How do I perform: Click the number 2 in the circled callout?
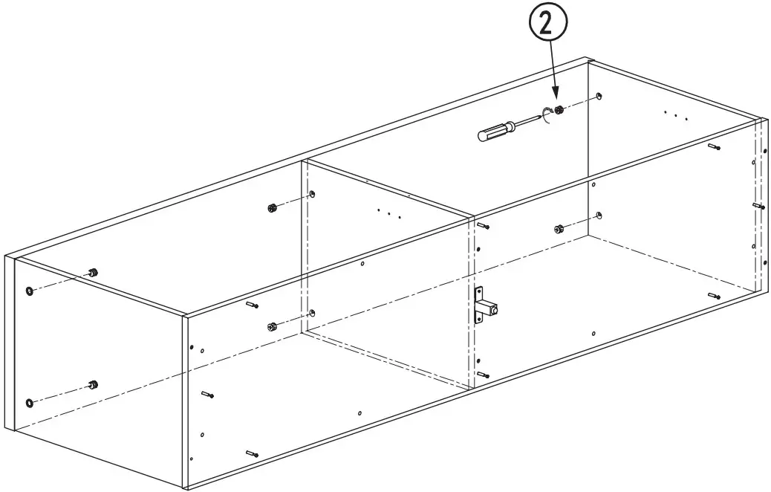coord(547,23)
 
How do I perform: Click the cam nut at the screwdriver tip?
coord(559,110)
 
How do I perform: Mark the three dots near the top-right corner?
coord(676,116)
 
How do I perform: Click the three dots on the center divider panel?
coord(389,213)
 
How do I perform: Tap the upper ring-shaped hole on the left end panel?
coord(30,291)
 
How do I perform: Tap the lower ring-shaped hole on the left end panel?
coord(30,403)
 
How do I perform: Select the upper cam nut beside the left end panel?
coord(93,272)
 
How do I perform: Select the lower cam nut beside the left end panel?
coord(93,384)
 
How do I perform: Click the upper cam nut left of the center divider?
coord(272,208)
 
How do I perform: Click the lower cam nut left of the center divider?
coord(271,326)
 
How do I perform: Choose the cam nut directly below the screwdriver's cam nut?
coord(559,229)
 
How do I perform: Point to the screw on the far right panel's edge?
coord(759,206)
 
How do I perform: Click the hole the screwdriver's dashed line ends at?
coord(599,95)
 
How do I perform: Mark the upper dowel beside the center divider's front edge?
coord(483,226)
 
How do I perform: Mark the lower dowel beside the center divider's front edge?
coord(483,375)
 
